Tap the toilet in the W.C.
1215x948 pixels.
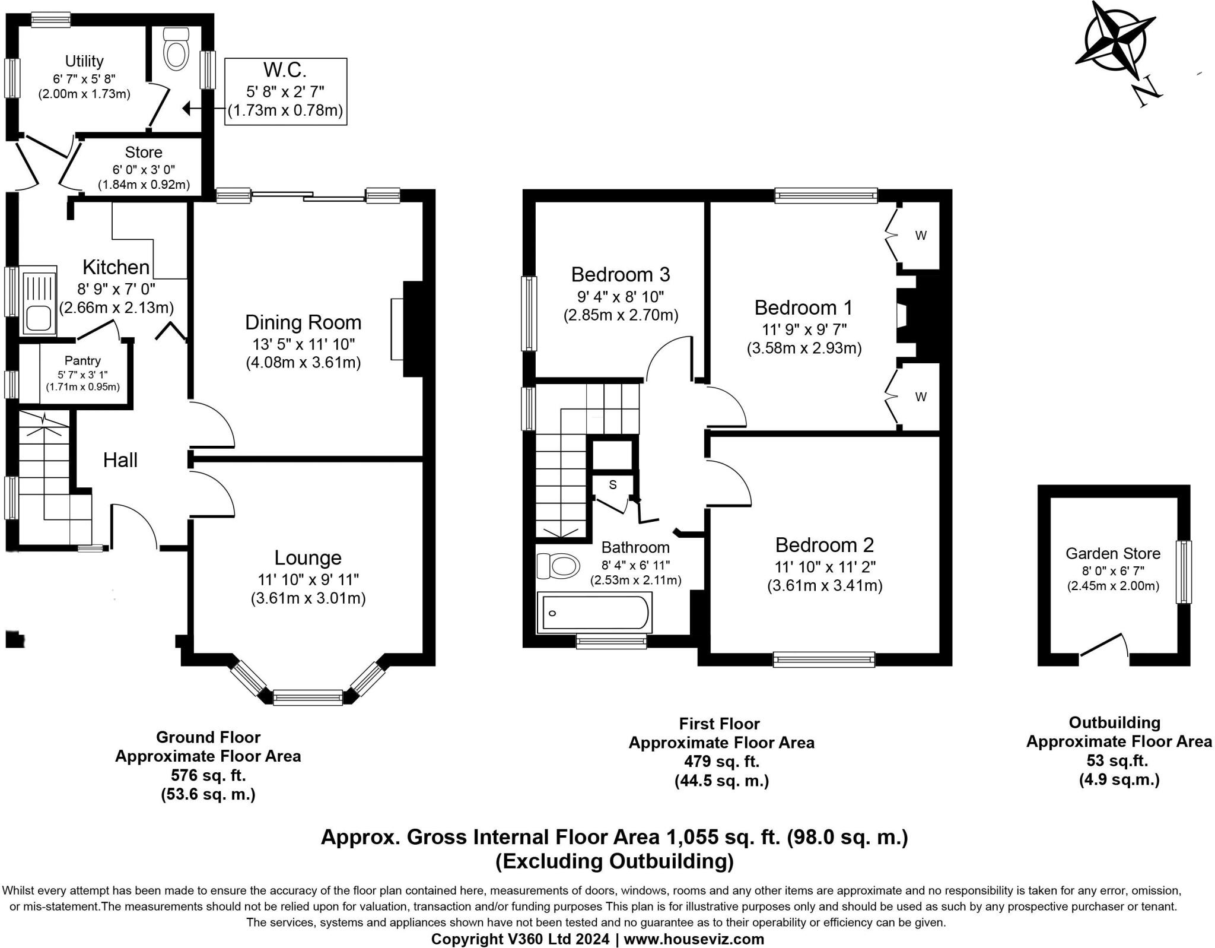(x=176, y=47)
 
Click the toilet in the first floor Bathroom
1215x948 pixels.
(x=558, y=566)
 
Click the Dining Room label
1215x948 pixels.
(x=303, y=322)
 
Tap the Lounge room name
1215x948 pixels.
(x=308, y=557)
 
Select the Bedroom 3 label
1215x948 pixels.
(x=621, y=274)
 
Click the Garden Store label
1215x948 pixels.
(x=1113, y=553)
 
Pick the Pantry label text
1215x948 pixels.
(x=82, y=360)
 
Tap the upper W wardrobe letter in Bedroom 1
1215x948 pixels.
(x=920, y=236)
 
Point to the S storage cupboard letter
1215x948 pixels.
(x=613, y=484)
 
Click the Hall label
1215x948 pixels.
(x=120, y=459)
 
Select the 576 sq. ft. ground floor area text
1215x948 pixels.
(x=208, y=775)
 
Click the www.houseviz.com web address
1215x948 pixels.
(x=694, y=939)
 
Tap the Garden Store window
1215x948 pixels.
(x=1184, y=572)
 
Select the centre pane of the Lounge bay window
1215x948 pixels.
(x=308, y=697)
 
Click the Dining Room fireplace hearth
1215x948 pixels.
(x=397, y=329)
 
